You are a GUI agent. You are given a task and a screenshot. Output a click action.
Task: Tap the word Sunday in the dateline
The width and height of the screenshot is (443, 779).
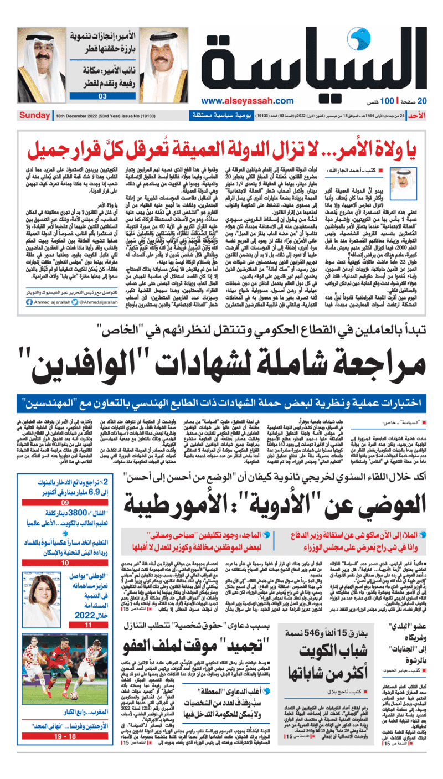point(34,116)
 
